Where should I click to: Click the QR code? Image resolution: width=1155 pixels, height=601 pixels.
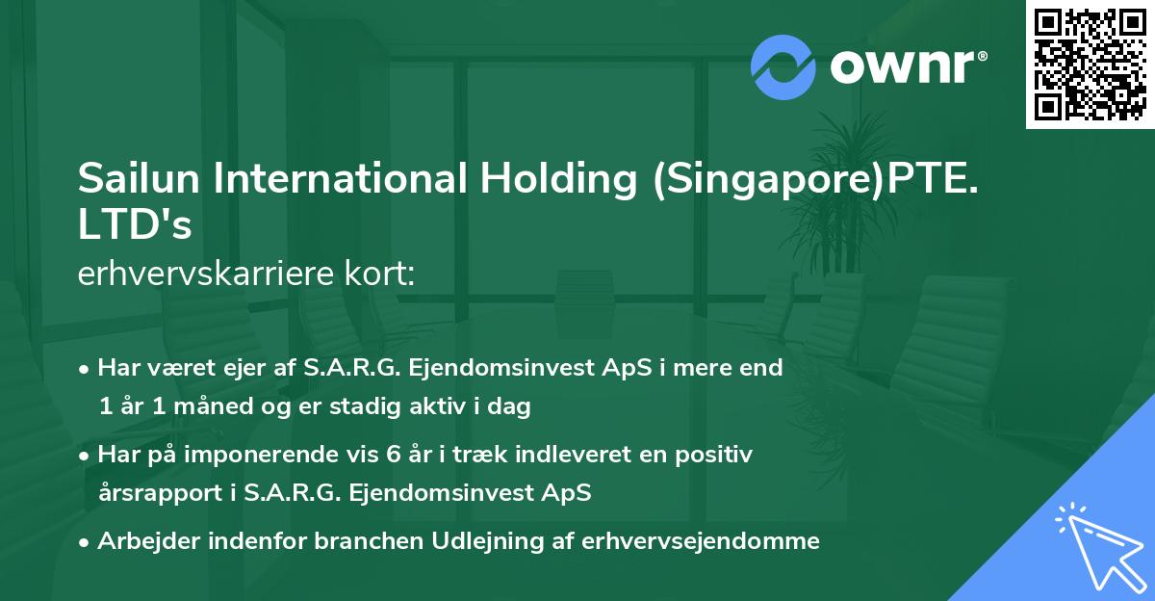pyautogui.click(x=1091, y=64)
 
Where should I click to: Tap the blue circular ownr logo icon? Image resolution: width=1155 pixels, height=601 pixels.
pyautogui.click(x=783, y=67)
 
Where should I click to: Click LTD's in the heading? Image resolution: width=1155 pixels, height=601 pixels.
pyautogui.click(x=135, y=225)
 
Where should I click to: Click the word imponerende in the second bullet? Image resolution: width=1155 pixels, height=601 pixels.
pyautogui.click(x=241, y=455)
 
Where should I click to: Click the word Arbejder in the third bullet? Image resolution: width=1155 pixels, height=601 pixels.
pyautogui.click(x=151, y=541)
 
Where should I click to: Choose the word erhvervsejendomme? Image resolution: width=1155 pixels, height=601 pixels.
pyautogui.click(x=701, y=541)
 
